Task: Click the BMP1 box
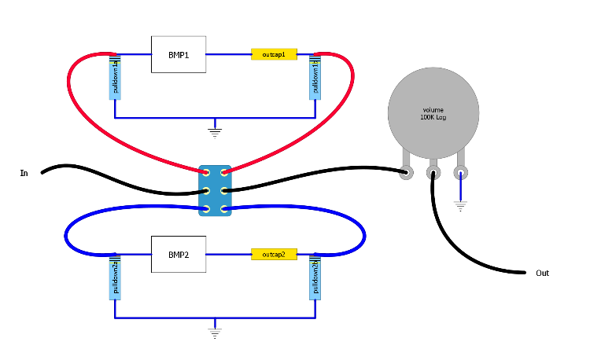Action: [178, 55]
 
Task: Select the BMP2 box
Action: [178, 254]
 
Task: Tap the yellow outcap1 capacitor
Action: [274, 55]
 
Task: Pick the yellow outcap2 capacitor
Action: [274, 254]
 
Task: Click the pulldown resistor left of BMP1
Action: [115, 77]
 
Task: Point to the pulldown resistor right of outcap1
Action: [315, 77]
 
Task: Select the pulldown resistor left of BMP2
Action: [115, 277]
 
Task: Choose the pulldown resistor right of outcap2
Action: [315, 277]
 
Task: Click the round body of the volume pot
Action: [433, 110]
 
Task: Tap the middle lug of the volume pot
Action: [433, 171]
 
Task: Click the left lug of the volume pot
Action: [407, 171]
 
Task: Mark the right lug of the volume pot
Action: [460, 171]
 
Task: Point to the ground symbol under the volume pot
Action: [460, 206]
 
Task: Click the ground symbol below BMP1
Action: [215, 131]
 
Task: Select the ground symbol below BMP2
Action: [215, 332]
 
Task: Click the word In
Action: [24, 172]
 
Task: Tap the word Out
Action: [542, 274]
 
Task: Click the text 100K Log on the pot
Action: [433, 117]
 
